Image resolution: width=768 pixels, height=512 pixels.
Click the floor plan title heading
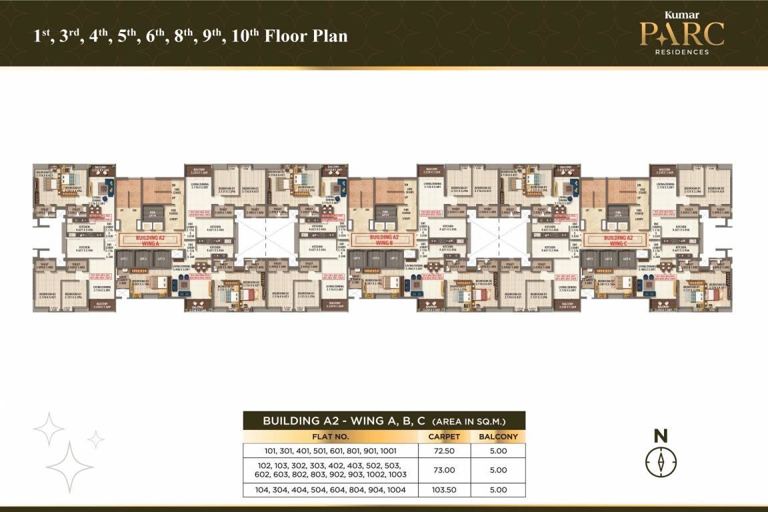(x=191, y=35)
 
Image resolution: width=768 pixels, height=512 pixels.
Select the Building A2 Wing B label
(x=384, y=240)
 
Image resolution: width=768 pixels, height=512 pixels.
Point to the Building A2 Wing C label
(x=616, y=240)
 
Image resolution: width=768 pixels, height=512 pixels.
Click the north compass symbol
(x=661, y=461)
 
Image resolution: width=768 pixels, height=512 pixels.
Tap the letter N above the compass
(x=661, y=437)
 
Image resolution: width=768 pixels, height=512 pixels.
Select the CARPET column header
(x=444, y=437)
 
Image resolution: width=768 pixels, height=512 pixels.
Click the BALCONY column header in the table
(x=498, y=437)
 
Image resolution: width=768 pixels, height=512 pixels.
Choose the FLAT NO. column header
(x=330, y=437)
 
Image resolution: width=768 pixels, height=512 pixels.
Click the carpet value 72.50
(x=444, y=451)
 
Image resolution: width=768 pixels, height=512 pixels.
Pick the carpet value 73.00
(x=444, y=470)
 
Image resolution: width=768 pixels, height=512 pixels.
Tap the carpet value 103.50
(x=444, y=490)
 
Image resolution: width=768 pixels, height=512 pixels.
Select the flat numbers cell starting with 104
(x=330, y=490)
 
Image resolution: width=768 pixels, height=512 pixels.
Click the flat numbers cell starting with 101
(x=330, y=451)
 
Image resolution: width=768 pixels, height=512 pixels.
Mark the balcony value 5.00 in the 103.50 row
(x=498, y=490)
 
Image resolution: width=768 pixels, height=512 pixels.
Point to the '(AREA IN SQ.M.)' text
(x=469, y=421)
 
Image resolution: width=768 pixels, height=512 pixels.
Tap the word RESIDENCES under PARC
(x=681, y=51)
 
